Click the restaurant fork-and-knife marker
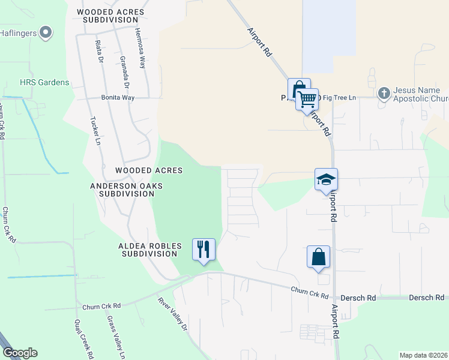pos(203,249)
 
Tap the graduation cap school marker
pos(326,179)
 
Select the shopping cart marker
pos(307,98)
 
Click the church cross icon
pos(384,94)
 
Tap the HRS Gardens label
pos(44,82)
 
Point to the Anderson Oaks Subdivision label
pos(127,190)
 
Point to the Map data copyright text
pos(423,355)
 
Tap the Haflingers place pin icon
pos(45,32)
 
